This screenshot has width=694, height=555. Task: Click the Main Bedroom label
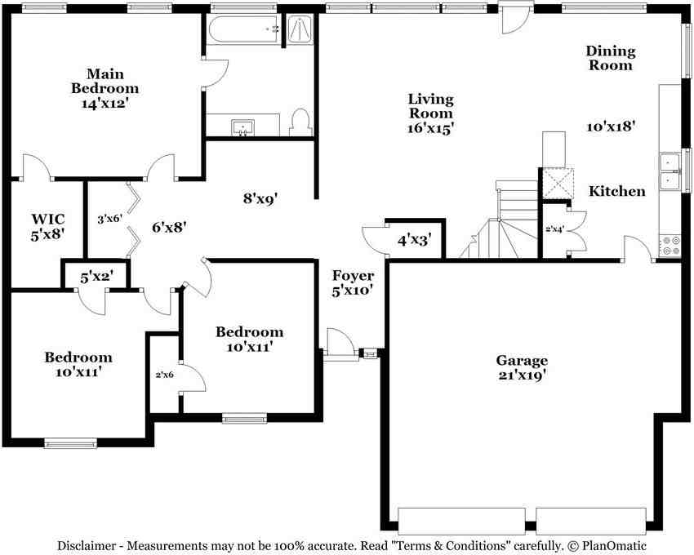[105, 88]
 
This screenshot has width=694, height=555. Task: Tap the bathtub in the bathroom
[243, 29]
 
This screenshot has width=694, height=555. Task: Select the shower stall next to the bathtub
[300, 29]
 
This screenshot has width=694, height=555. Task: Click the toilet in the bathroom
[301, 122]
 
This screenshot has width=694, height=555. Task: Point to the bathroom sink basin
[242, 127]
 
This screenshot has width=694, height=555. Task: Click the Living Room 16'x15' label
[430, 113]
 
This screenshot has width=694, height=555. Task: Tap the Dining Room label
[611, 58]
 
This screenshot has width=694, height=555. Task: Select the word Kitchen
[617, 191]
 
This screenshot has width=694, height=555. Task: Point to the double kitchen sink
[670, 171]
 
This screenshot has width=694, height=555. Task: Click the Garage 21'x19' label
[522, 367]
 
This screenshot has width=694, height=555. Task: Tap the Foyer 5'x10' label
[353, 283]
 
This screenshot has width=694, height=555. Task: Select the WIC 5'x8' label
[48, 226]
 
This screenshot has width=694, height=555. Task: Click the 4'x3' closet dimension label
[414, 240]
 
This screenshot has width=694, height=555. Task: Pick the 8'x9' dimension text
[260, 198]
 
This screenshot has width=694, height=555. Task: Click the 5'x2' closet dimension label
[96, 277]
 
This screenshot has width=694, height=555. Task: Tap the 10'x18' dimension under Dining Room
[612, 127]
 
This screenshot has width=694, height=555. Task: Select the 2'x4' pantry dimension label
[554, 229]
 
